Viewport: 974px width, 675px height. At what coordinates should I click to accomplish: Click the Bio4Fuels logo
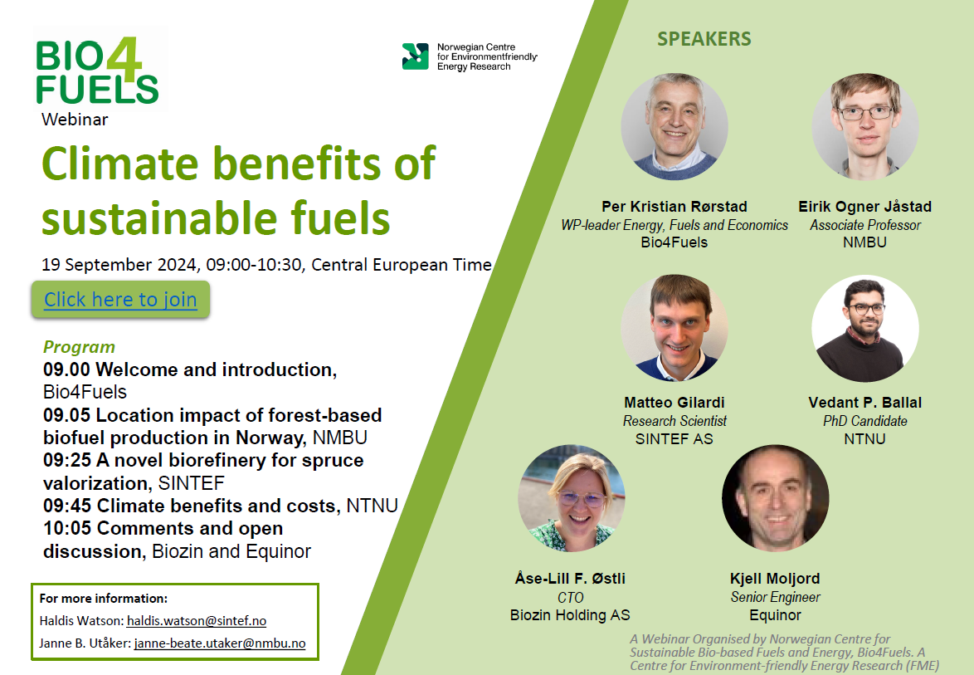click(98, 71)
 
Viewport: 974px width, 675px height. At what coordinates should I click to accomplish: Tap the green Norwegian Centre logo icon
click(415, 56)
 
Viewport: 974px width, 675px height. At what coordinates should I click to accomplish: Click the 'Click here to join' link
click(120, 300)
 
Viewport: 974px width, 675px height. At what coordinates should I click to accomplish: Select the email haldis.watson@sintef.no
click(197, 620)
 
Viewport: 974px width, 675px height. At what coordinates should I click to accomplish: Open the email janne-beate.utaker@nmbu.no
click(220, 643)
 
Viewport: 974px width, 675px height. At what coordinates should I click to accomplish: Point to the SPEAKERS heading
click(704, 38)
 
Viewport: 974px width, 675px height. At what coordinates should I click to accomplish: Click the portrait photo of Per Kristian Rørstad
click(674, 127)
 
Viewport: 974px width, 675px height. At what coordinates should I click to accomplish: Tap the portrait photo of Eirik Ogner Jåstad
click(865, 127)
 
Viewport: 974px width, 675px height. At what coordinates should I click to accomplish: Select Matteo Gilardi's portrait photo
click(674, 328)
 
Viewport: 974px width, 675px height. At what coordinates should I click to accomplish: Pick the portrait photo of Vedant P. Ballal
click(865, 328)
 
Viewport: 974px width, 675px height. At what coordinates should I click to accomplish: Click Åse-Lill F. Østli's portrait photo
click(572, 498)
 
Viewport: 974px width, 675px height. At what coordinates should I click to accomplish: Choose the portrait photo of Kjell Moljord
click(775, 498)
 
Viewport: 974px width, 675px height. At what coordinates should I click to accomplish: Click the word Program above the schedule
click(79, 347)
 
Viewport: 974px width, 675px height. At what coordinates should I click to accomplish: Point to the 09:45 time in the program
click(67, 506)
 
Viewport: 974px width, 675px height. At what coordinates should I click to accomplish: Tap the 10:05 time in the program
click(67, 528)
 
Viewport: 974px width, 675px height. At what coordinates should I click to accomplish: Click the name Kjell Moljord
click(775, 579)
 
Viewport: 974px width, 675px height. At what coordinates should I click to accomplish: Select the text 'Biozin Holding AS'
click(570, 614)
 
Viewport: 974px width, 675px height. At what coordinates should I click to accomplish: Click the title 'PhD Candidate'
click(865, 421)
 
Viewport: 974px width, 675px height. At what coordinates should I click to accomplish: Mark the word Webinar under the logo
click(75, 120)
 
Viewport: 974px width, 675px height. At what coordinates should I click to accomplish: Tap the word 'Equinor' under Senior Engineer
click(775, 614)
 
